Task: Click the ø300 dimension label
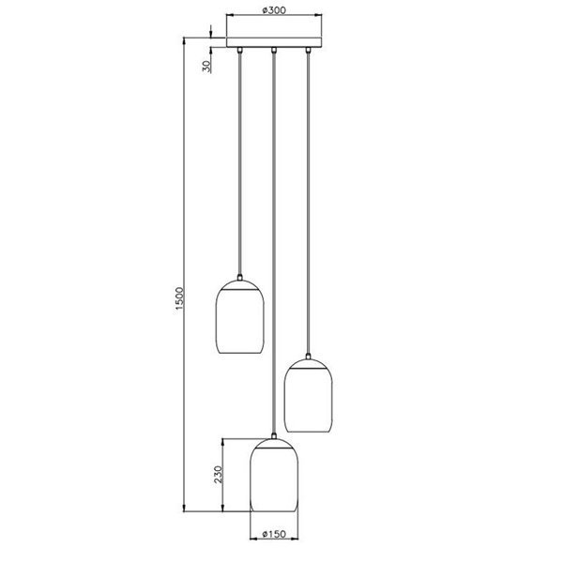(272, 10)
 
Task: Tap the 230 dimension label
(219, 476)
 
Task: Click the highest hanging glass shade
(239, 319)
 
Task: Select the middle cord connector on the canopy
(273, 49)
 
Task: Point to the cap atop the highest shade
(239, 279)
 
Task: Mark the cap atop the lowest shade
(273, 437)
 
